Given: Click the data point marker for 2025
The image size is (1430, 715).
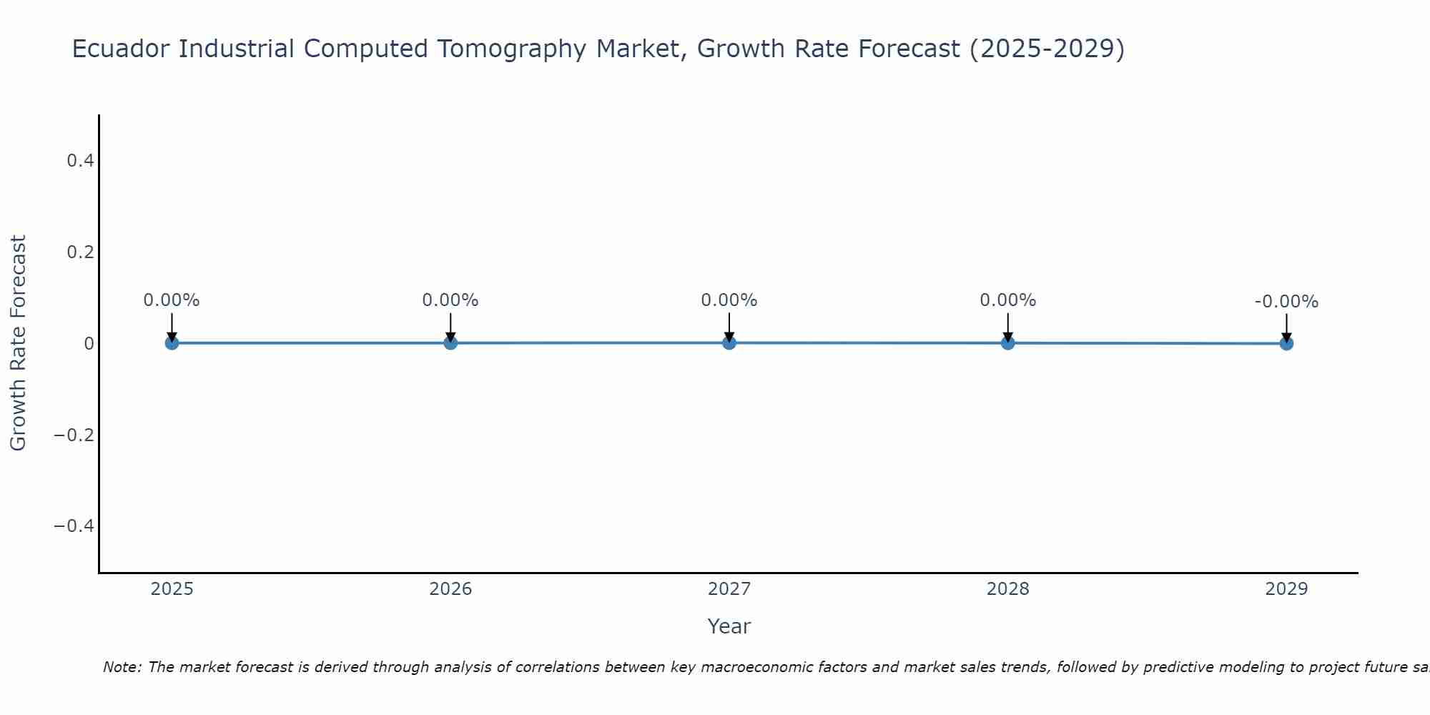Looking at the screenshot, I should pyautogui.click(x=172, y=343).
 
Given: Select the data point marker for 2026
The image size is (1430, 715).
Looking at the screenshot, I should pyautogui.click(x=450, y=343).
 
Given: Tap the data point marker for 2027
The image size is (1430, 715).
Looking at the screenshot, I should pyautogui.click(x=729, y=343).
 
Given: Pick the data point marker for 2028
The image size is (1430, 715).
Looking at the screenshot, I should pyautogui.click(x=1008, y=343).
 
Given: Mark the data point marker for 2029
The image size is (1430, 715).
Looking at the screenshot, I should pyautogui.click(x=1286, y=344).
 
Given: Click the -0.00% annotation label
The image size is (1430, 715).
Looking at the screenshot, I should pyautogui.click(x=1286, y=302).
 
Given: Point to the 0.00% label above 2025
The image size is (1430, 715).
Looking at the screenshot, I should pyautogui.click(x=172, y=300).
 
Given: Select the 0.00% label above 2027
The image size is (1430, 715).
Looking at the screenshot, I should pyautogui.click(x=729, y=300).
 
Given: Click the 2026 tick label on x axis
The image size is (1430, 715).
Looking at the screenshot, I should pyautogui.click(x=450, y=589).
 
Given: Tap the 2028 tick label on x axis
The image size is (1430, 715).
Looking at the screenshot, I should pyautogui.click(x=1008, y=589).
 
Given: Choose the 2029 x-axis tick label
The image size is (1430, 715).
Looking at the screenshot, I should pyautogui.click(x=1286, y=589).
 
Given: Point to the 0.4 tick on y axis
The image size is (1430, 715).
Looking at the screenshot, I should pyautogui.click(x=81, y=161).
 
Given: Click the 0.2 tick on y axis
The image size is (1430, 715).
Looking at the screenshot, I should pyautogui.click(x=81, y=252).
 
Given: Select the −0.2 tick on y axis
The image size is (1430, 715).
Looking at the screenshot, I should pyautogui.click(x=74, y=435).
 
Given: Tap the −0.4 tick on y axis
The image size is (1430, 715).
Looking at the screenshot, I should pyautogui.click(x=74, y=526).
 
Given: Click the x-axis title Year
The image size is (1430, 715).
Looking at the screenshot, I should pyautogui.click(x=729, y=626).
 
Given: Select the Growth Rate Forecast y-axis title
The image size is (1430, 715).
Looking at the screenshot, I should pyautogui.click(x=19, y=343).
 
